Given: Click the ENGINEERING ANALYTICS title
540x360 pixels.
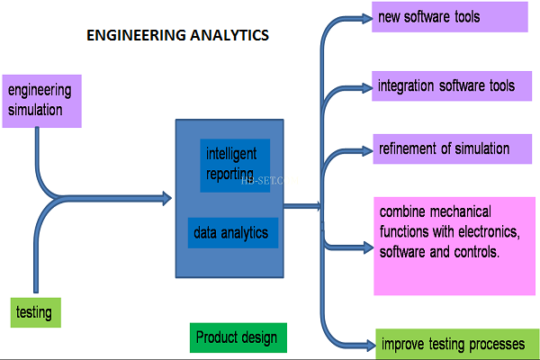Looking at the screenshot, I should [176, 36].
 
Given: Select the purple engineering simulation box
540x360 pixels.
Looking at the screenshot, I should [43, 101].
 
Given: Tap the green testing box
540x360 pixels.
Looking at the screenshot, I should [37, 313].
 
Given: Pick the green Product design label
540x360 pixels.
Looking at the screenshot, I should [238, 337].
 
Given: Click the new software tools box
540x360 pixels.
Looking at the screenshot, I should [450, 17].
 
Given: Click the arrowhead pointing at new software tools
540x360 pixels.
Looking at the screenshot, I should [364, 17].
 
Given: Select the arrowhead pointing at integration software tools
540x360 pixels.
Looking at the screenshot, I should [364, 87].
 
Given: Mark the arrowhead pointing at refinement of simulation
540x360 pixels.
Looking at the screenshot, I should [364, 149].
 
